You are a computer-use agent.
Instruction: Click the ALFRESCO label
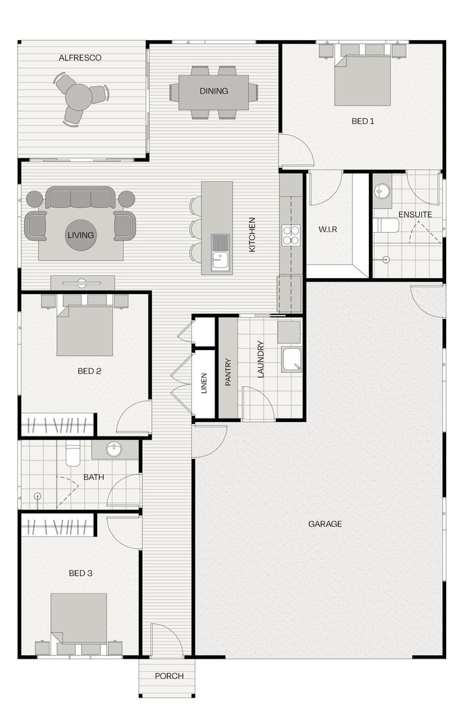[x=80, y=57]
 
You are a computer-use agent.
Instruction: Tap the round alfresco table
[x=78, y=96]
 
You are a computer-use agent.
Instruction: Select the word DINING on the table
[x=214, y=91]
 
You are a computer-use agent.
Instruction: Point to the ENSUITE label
[x=415, y=214]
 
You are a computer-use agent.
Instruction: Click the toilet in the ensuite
[x=386, y=225]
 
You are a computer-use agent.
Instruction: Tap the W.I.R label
[x=327, y=229]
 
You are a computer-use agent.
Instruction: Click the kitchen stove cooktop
[x=291, y=235]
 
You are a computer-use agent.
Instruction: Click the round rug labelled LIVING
[x=81, y=235]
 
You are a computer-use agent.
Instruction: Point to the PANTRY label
[x=228, y=372]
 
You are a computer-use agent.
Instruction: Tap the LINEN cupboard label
[x=204, y=383]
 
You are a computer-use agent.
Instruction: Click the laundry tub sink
[x=291, y=359]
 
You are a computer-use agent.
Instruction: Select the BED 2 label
[x=89, y=371]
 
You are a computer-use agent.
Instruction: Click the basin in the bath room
[x=114, y=450]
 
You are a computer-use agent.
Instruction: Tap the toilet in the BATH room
[x=73, y=455]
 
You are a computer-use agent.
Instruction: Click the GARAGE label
[x=325, y=524]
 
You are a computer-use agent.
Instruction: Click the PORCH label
[x=169, y=676]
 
